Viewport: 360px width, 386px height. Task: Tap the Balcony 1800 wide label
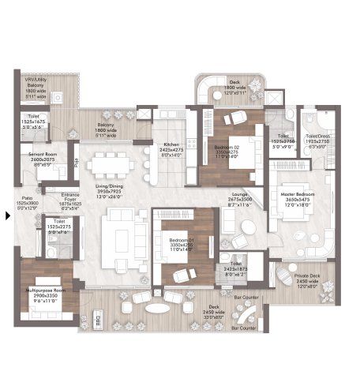tap(107, 125)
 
